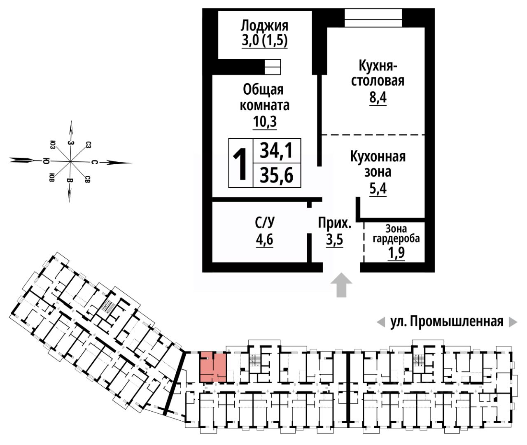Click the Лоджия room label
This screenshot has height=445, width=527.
point(264,26)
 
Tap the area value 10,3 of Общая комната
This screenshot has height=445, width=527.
point(264,122)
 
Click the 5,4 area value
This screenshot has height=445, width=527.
point(378,189)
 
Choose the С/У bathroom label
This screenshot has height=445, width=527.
point(264,223)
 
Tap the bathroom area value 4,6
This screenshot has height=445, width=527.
point(264,240)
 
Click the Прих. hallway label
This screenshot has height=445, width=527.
point(334,223)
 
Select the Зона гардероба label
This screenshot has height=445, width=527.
point(396,233)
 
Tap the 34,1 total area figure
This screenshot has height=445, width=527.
point(276,151)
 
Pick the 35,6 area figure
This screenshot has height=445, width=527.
point(276,176)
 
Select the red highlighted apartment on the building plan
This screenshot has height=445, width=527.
point(213,366)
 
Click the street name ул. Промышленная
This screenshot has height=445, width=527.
point(447,322)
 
